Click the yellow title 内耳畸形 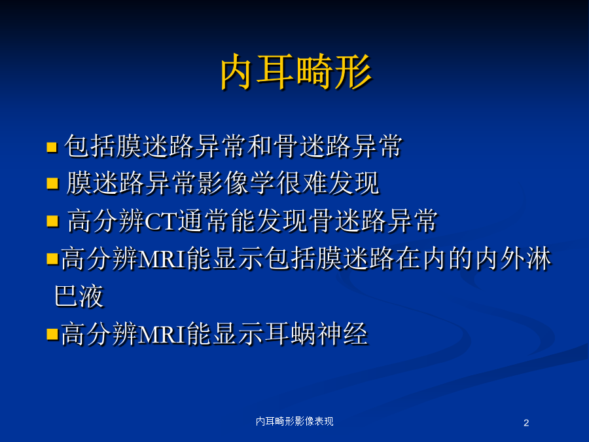296,71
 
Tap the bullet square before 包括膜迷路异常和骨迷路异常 52,147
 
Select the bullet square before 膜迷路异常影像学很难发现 52,184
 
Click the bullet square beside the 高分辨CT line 52,221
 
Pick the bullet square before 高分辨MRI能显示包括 52,259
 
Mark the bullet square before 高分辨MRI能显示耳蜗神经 52,334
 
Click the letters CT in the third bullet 160,222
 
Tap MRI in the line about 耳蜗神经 162,334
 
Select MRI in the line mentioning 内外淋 162,259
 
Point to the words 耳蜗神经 316,333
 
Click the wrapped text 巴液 79,296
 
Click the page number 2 526,423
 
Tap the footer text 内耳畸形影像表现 294,421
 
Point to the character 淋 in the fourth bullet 539,259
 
